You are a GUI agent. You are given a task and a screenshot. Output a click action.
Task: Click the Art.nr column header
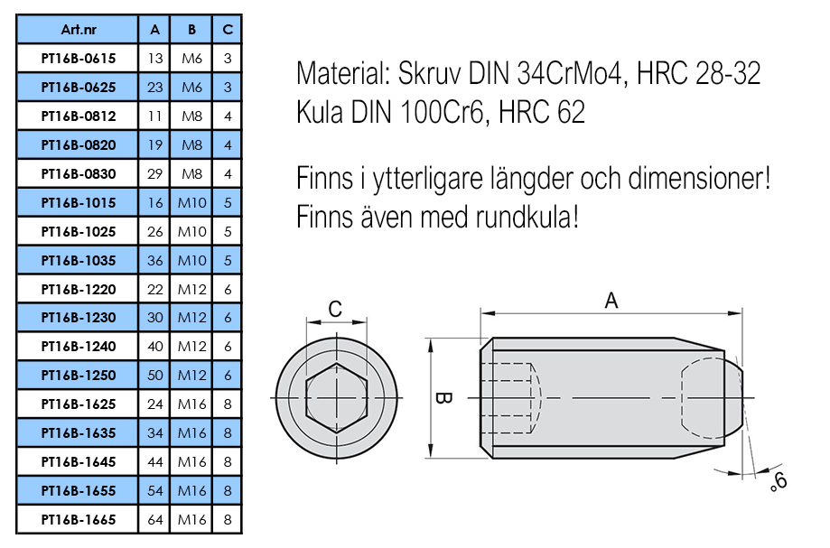tap(79, 30)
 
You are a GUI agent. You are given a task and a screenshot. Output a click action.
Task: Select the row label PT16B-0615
tap(79, 58)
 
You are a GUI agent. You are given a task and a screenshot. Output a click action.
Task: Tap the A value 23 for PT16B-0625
tap(155, 87)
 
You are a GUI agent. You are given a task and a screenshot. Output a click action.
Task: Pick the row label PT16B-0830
tap(79, 173)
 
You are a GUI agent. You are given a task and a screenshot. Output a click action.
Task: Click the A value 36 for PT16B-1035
tap(155, 260)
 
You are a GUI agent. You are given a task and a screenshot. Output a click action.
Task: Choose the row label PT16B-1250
tap(79, 376)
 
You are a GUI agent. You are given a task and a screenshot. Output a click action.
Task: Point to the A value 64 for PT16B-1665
tap(155, 520)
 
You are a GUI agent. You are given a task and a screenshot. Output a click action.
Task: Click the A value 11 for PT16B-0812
tap(155, 116)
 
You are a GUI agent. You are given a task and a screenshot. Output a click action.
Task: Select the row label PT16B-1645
tap(79, 462)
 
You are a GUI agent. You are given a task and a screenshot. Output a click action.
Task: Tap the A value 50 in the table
tap(155, 376)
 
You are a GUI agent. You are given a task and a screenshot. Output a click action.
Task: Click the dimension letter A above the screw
tap(611, 301)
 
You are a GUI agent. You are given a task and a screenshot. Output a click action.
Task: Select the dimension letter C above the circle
tap(335, 310)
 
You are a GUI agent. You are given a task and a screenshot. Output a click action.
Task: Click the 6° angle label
tap(778, 481)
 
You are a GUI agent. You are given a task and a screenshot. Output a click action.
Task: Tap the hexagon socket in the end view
tap(336, 398)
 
